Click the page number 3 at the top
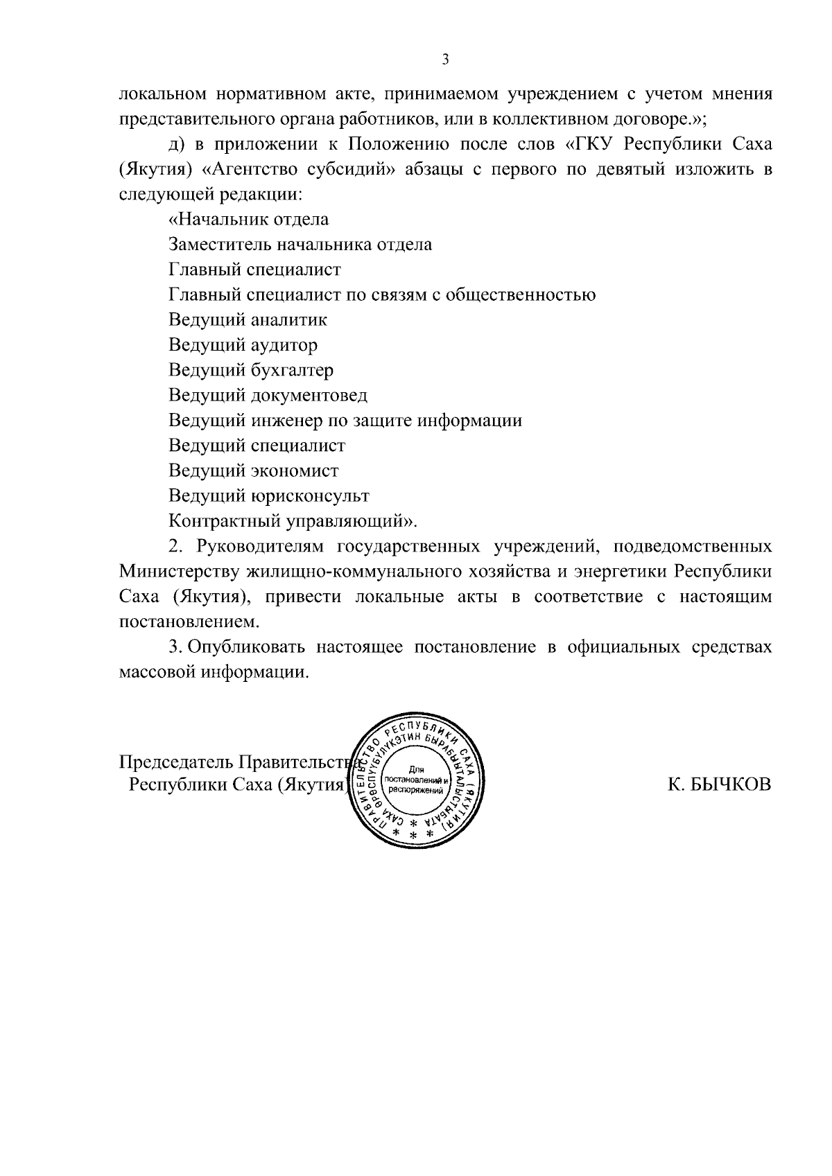[446, 60]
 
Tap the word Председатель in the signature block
[176, 762]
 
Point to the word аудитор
[283, 344]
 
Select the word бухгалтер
[291, 370]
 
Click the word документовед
[309, 395]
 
